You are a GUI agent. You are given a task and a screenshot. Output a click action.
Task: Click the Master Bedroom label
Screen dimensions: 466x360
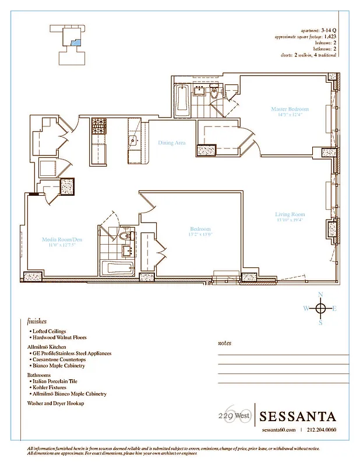tap(290, 109)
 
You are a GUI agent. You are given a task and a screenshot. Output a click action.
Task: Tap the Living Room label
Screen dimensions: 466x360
tap(290, 215)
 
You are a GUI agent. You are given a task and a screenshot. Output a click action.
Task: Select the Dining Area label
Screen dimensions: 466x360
tap(172, 142)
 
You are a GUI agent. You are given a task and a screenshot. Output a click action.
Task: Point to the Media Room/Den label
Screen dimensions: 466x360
tap(59, 239)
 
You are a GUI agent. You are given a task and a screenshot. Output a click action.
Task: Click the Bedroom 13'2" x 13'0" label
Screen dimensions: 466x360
tap(200, 229)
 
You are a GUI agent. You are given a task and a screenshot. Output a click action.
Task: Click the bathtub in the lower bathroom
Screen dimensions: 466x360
tap(117, 269)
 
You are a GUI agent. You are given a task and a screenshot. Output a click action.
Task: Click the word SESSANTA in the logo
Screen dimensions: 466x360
tap(298, 416)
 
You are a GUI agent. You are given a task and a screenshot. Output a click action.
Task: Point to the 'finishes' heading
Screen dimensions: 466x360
tap(37, 321)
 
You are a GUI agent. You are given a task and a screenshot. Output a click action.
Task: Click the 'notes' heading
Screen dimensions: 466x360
tap(224, 343)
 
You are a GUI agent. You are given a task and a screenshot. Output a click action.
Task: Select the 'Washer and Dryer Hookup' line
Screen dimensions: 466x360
tap(56, 403)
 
